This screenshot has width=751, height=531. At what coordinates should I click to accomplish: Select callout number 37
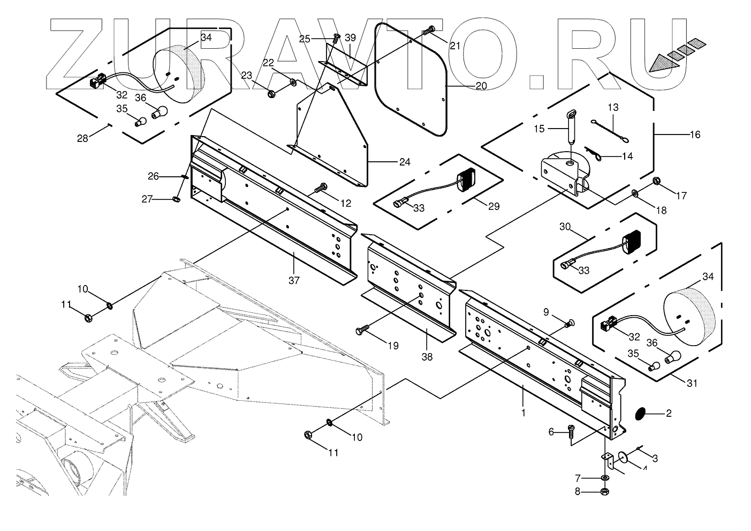click(x=294, y=280)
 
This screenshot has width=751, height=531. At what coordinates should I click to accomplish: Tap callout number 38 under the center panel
click(x=427, y=356)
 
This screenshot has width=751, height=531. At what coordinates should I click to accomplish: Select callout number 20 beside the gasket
click(x=481, y=86)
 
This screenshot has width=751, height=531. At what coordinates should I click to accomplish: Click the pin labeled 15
click(x=571, y=124)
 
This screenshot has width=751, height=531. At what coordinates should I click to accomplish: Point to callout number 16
click(x=694, y=134)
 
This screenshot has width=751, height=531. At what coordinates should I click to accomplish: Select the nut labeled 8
click(x=604, y=491)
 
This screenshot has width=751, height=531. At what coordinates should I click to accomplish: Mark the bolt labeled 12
click(x=321, y=189)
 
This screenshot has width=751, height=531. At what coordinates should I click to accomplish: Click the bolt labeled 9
click(x=569, y=323)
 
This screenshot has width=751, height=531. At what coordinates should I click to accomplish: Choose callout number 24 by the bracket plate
click(x=405, y=161)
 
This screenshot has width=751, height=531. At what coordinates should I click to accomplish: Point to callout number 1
click(x=523, y=413)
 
